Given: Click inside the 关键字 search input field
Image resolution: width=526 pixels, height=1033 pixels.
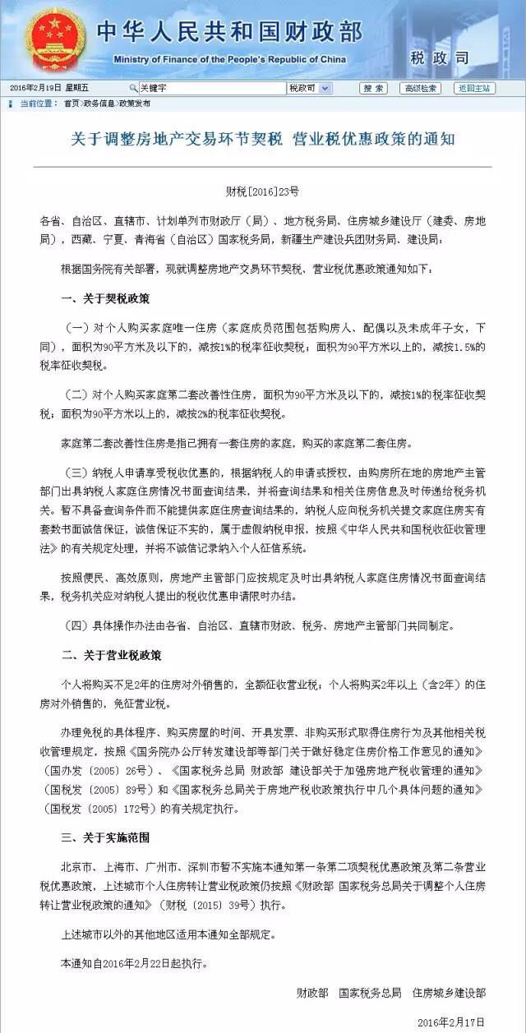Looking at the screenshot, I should click(x=210, y=88).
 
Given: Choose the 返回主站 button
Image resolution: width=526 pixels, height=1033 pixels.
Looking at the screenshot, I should click(x=474, y=88).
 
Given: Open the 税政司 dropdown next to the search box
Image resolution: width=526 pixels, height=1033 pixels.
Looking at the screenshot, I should click(x=309, y=88).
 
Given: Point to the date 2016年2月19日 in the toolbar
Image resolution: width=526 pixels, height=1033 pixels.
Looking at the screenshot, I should click(x=36, y=88).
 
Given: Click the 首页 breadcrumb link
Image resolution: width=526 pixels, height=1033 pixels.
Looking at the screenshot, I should click(x=72, y=104).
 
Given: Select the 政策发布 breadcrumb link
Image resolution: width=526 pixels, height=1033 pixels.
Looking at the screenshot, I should click(x=135, y=104).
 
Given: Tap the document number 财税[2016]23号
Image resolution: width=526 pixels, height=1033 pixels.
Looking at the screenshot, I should click(x=262, y=191).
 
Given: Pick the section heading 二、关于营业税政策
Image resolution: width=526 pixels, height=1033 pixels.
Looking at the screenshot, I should click(x=111, y=655).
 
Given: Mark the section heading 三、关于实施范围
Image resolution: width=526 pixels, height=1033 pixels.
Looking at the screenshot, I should click(x=106, y=837).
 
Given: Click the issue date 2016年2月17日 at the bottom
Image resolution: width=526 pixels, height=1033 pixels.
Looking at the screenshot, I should click(x=452, y=1021).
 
